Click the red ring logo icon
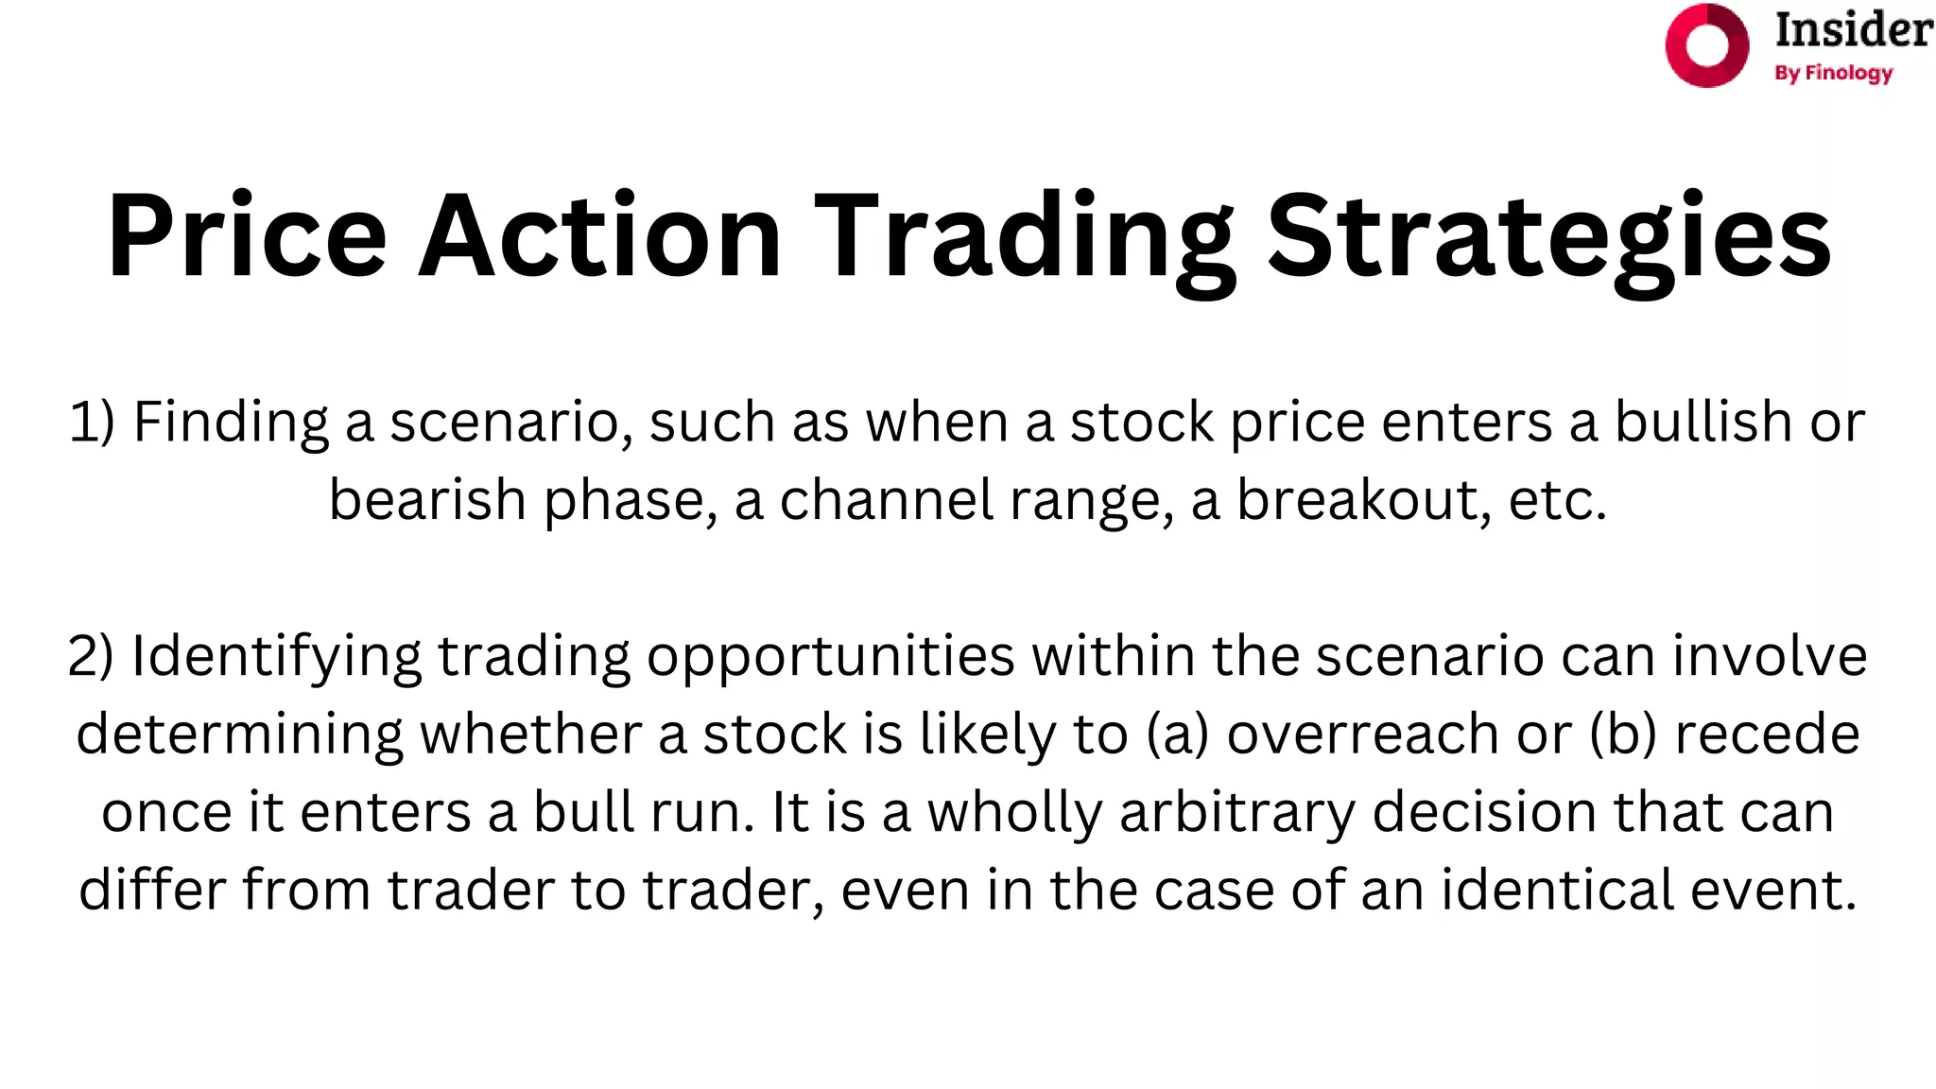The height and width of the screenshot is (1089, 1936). (x=1707, y=45)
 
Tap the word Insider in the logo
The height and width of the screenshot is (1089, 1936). (x=1853, y=29)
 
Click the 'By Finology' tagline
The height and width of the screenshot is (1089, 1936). (x=1833, y=73)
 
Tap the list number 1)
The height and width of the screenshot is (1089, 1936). (x=92, y=422)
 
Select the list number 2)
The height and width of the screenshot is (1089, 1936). (x=91, y=656)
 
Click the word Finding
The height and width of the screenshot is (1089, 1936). (x=231, y=422)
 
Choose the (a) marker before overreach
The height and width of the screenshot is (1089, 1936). (x=1178, y=735)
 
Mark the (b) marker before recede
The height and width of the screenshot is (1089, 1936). (x=1623, y=735)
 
